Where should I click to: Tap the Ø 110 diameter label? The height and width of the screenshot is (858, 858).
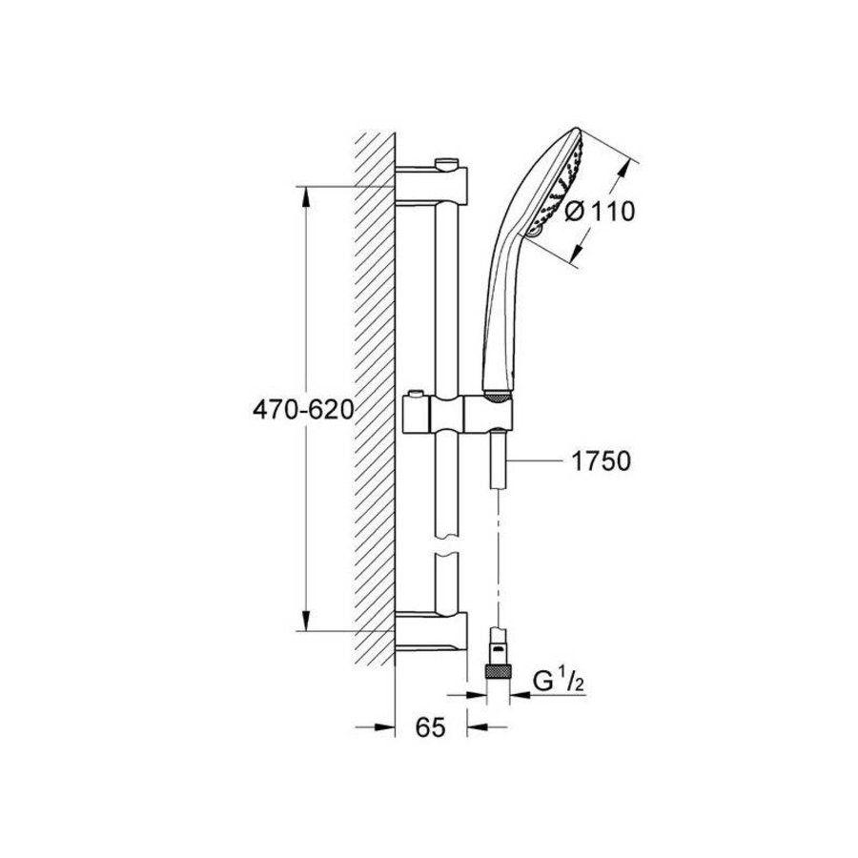[600, 211]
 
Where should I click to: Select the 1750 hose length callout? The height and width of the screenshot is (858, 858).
[602, 462]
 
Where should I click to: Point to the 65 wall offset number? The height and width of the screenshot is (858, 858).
[431, 728]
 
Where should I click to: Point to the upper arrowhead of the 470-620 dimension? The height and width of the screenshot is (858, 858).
[306, 196]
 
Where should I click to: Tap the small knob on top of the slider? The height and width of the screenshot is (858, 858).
[415, 395]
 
